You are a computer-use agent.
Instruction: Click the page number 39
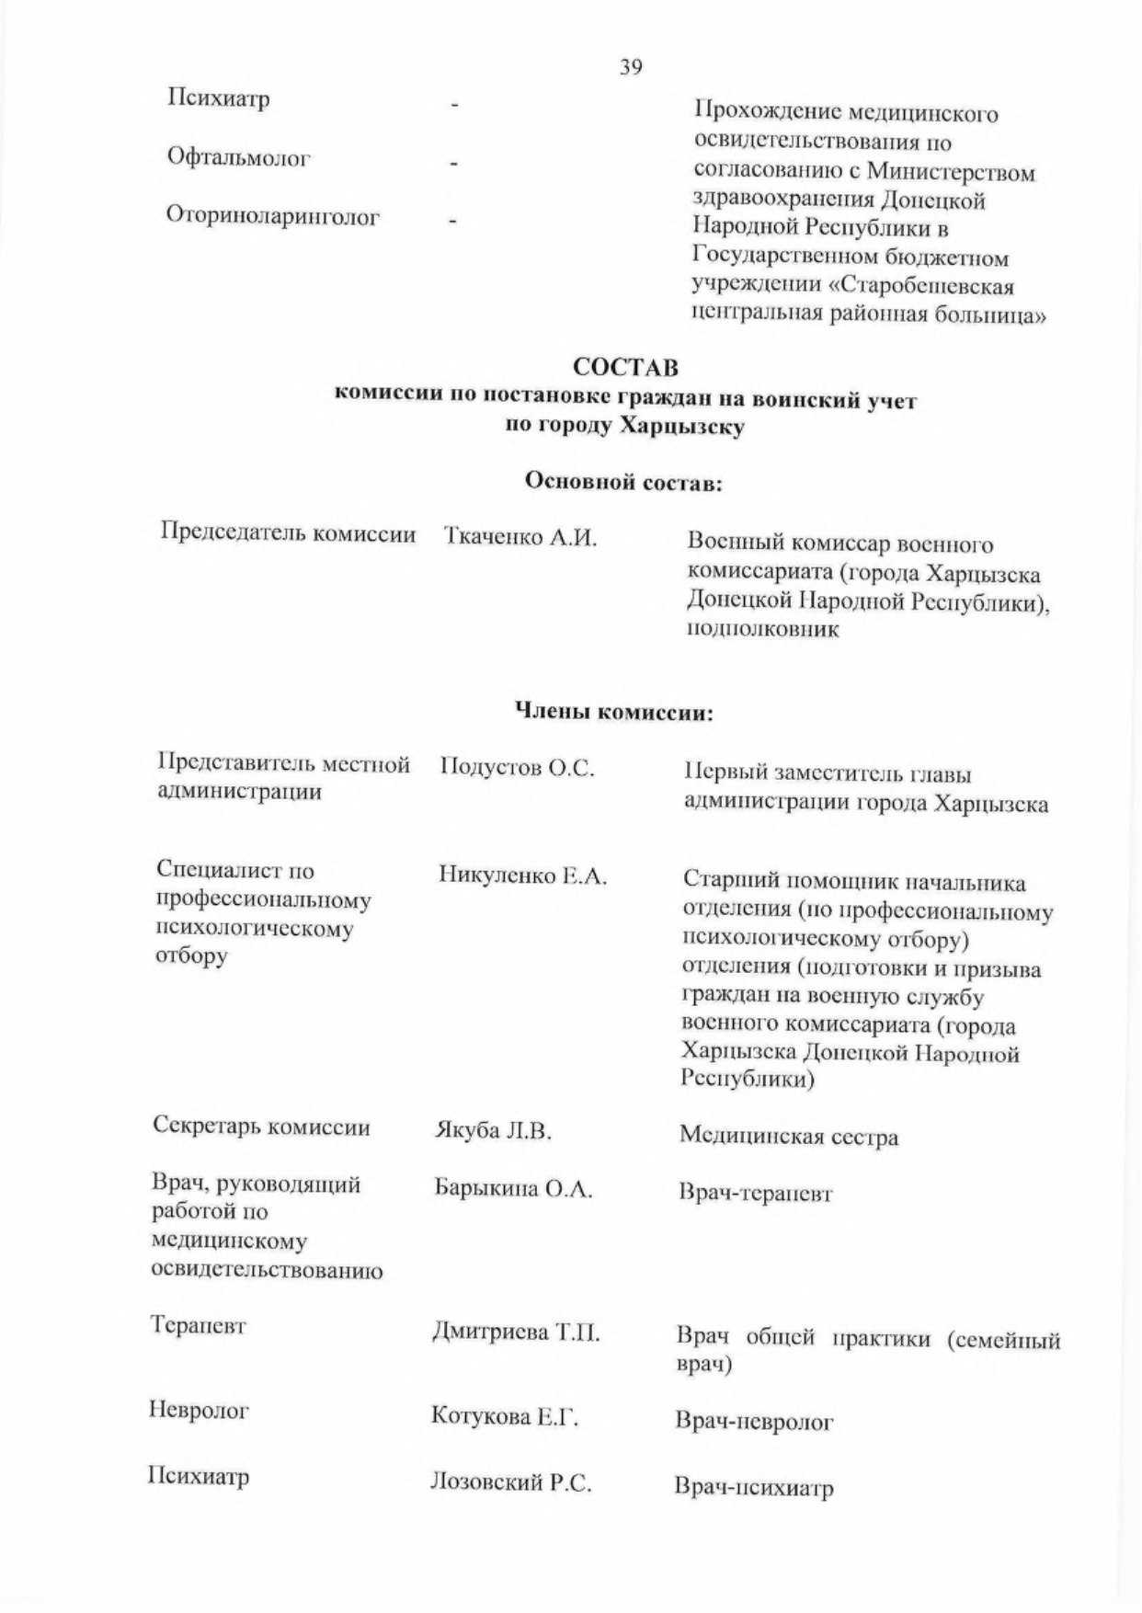click(x=631, y=67)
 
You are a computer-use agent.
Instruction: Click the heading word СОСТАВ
click(x=626, y=367)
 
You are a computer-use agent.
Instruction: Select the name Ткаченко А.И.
click(x=520, y=537)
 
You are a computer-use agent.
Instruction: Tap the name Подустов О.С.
click(x=517, y=768)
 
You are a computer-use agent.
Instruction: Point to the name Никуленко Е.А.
click(x=523, y=876)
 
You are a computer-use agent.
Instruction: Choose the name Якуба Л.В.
click(x=493, y=1131)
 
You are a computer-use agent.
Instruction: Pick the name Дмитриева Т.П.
click(x=516, y=1333)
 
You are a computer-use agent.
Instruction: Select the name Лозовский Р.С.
click(x=510, y=1483)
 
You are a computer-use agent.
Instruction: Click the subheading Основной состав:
click(x=622, y=482)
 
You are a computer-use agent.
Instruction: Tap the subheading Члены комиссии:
click(x=612, y=713)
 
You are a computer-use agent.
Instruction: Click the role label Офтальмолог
click(x=239, y=157)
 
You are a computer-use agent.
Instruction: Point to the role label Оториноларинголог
click(x=273, y=217)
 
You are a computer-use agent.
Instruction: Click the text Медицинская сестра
click(x=789, y=1138)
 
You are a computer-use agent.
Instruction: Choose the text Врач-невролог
click(x=754, y=1423)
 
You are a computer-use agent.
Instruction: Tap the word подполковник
click(x=763, y=631)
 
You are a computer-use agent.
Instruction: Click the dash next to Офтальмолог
click(x=453, y=164)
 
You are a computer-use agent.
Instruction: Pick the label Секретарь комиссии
click(x=262, y=1127)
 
